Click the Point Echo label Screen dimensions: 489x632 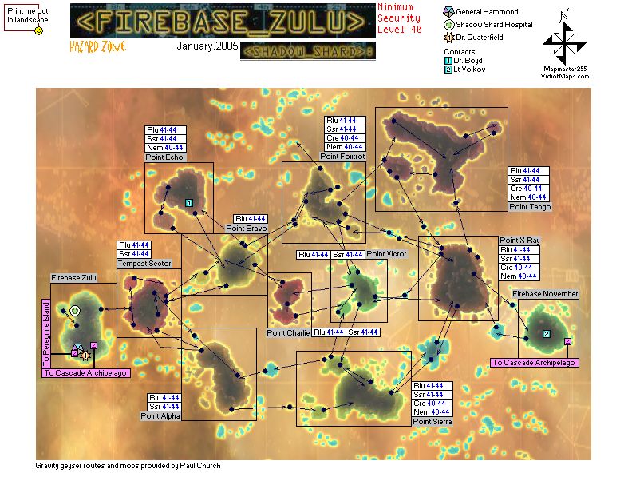164,158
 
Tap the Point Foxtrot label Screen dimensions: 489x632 342,157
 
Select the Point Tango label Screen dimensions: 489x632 529,207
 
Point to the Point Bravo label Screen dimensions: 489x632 246,229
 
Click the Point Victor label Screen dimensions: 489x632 386,254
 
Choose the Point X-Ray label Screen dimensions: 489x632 519,240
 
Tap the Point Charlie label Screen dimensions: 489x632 288,332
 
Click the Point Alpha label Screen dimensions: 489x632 160,415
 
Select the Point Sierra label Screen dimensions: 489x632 433,421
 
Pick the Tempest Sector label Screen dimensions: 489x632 144,264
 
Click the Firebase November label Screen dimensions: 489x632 545,294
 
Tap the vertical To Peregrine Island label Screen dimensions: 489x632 46,332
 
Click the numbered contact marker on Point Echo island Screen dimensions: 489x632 189,203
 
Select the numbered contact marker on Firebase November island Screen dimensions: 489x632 546,333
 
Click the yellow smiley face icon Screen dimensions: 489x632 38,30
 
